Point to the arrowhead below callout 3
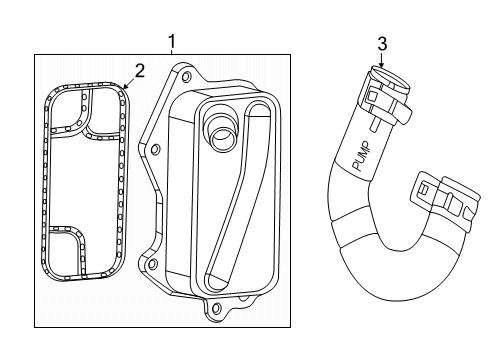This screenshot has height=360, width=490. [x=381, y=67]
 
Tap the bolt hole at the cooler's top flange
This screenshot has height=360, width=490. [x=183, y=72]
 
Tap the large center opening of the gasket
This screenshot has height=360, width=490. [x=86, y=180]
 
